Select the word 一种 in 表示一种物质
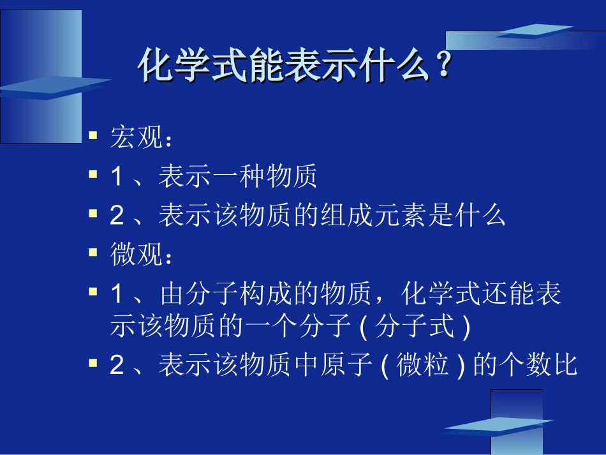click(x=237, y=177)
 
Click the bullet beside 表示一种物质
click(x=93, y=174)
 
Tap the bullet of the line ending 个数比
click(x=93, y=363)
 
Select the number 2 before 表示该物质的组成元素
click(x=116, y=216)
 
